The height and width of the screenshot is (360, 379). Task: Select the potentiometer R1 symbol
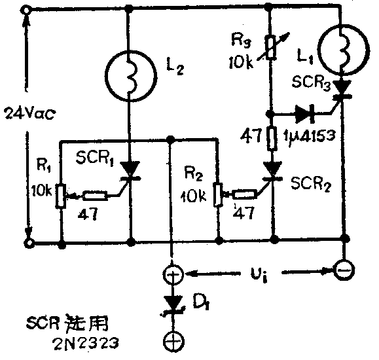pos(60,195)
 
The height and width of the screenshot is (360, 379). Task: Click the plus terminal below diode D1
pos(172,341)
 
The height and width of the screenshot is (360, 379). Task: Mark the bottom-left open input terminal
pos(27,242)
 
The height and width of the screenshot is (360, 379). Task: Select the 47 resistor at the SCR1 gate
pos(93,194)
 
